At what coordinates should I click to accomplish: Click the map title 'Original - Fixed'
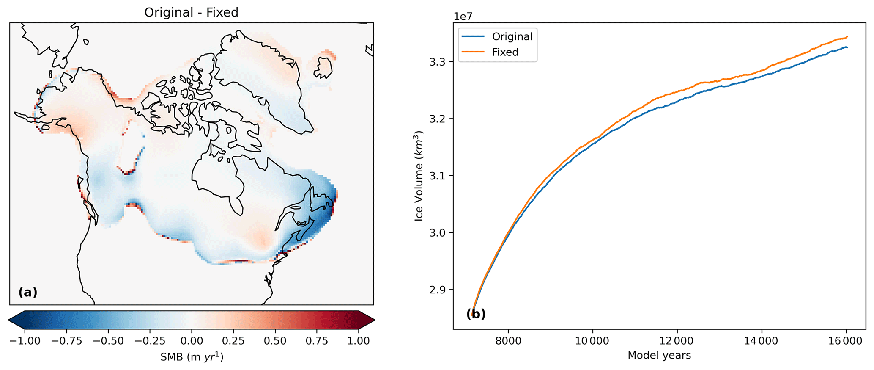[x=191, y=12]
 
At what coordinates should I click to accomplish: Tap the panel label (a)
[x=28, y=292]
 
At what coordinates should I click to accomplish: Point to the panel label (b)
[x=476, y=314]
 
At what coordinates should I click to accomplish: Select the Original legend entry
[x=512, y=36]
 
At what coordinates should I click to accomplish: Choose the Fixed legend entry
[x=505, y=52]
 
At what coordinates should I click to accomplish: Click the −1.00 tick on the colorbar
[x=25, y=341]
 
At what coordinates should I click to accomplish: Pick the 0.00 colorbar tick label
[x=192, y=341]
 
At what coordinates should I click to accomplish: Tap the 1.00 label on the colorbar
[x=359, y=341]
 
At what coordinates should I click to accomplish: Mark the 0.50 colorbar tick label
[x=275, y=341]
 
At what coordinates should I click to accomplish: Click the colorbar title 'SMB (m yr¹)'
[x=192, y=357]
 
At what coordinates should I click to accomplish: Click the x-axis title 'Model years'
[x=659, y=355]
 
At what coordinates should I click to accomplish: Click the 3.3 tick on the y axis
[x=438, y=62]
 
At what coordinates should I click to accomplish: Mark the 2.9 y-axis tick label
[x=438, y=290]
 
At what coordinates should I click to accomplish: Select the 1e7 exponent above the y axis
[x=463, y=17]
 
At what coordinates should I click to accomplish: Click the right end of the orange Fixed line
[x=847, y=37]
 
